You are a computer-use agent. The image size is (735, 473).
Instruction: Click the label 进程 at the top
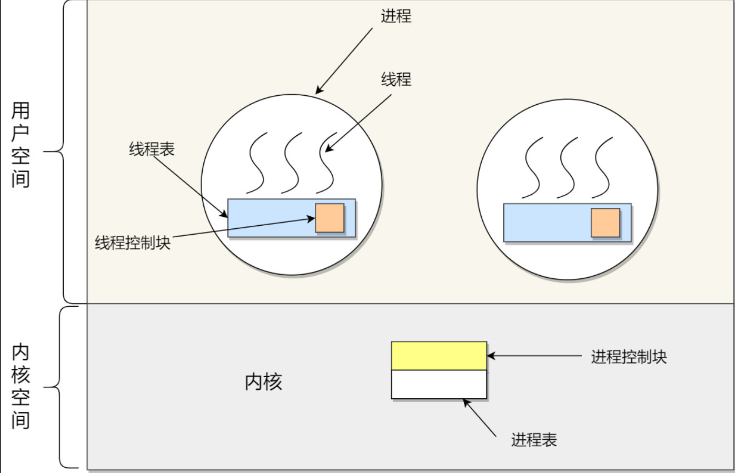click(396, 16)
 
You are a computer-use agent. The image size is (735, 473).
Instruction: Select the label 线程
click(396, 79)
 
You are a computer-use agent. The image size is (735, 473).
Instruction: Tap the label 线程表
click(152, 149)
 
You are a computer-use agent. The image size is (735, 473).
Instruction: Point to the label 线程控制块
click(133, 243)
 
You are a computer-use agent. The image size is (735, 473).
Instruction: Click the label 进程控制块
click(629, 357)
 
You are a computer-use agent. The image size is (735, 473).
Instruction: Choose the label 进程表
click(534, 439)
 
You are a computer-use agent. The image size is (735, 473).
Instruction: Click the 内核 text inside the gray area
click(263, 381)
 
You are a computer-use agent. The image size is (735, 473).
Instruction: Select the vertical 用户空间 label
click(21, 145)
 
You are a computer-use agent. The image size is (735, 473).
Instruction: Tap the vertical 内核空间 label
click(21, 387)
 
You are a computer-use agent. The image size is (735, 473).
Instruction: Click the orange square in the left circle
click(330, 218)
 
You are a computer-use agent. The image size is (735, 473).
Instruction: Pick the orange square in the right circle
click(605, 223)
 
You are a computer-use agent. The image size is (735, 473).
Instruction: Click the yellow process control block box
click(439, 356)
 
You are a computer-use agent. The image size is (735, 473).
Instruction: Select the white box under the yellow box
click(439, 384)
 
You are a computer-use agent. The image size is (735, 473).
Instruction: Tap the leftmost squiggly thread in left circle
click(256, 163)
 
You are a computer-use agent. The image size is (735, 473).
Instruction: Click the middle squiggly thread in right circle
click(568, 167)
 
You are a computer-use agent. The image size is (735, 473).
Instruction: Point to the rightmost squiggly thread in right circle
click(602, 167)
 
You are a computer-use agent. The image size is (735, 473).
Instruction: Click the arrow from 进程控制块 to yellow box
click(534, 356)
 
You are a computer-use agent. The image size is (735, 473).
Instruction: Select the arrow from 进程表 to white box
click(480, 418)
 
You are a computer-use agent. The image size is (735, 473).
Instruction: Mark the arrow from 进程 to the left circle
click(344, 61)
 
